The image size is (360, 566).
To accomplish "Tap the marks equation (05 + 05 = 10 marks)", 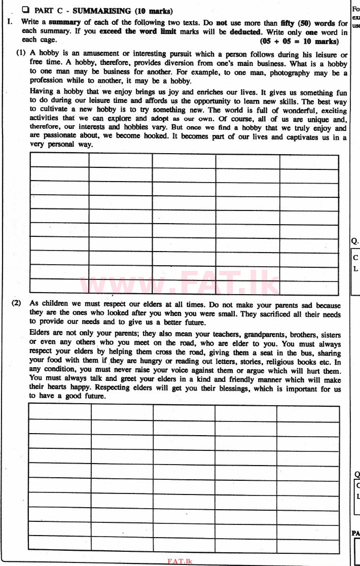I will point(299,41).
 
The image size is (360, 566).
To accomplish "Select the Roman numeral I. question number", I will point(10,23).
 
